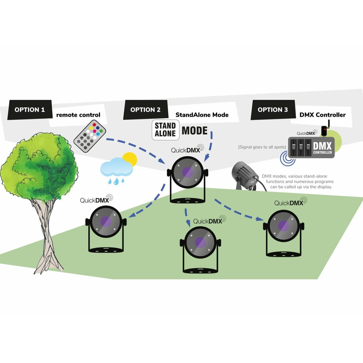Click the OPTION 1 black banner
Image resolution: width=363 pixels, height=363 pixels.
coord(30,110)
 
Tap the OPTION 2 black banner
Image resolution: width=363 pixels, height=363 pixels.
coord(145,110)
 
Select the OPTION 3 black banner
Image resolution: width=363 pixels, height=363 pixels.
coord(273,110)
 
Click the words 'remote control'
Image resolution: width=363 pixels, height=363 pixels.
coord(78,115)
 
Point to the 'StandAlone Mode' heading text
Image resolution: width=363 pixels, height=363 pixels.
coord(202,115)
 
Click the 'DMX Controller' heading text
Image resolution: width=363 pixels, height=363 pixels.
coord(322,115)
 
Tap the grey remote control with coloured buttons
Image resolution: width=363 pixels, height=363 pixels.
coord(90,136)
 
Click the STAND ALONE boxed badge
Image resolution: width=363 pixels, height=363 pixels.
coord(165,130)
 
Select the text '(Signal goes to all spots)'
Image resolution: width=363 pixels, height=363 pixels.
coord(262,147)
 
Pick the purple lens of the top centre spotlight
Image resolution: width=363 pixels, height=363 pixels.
coord(187,172)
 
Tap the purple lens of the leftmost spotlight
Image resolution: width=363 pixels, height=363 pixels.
coord(106,222)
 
